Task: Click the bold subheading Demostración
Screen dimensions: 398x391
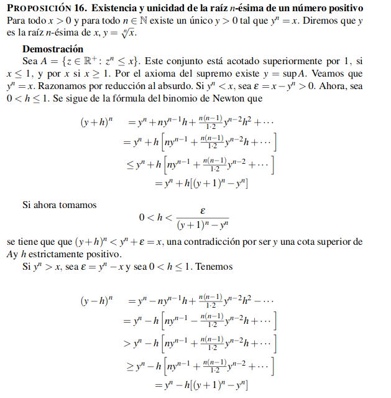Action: click(x=52, y=49)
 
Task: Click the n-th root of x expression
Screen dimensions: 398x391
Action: click(x=127, y=32)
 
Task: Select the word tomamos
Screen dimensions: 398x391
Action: click(x=75, y=204)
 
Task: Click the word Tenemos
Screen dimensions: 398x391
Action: click(x=215, y=266)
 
